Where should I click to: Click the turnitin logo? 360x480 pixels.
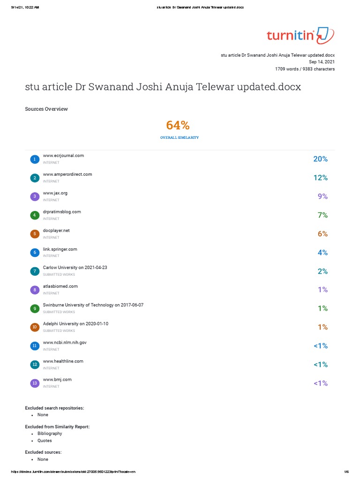click(300, 36)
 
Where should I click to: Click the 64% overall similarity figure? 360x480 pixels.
click(178, 126)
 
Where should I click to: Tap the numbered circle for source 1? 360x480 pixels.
click(34, 159)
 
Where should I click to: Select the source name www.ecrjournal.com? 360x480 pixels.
click(63, 156)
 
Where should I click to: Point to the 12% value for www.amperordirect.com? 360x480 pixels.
click(320, 178)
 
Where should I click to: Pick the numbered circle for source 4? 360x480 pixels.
click(34, 215)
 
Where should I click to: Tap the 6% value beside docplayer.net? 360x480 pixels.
click(322, 234)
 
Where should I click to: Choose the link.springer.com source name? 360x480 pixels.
click(60, 249)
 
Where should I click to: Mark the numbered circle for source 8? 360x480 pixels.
click(34, 290)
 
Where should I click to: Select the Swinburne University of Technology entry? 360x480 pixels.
click(93, 305)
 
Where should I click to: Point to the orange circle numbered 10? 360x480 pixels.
click(34, 327)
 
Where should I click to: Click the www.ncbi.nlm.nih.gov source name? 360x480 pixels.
click(65, 343)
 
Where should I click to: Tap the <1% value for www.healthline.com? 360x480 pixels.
click(320, 365)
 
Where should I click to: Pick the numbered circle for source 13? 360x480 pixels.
click(34, 383)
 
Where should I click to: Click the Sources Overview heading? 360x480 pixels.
click(46, 109)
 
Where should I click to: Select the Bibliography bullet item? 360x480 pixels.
click(50, 434)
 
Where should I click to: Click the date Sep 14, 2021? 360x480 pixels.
click(322, 62)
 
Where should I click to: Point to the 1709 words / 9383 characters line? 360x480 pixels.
click(305, 69)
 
